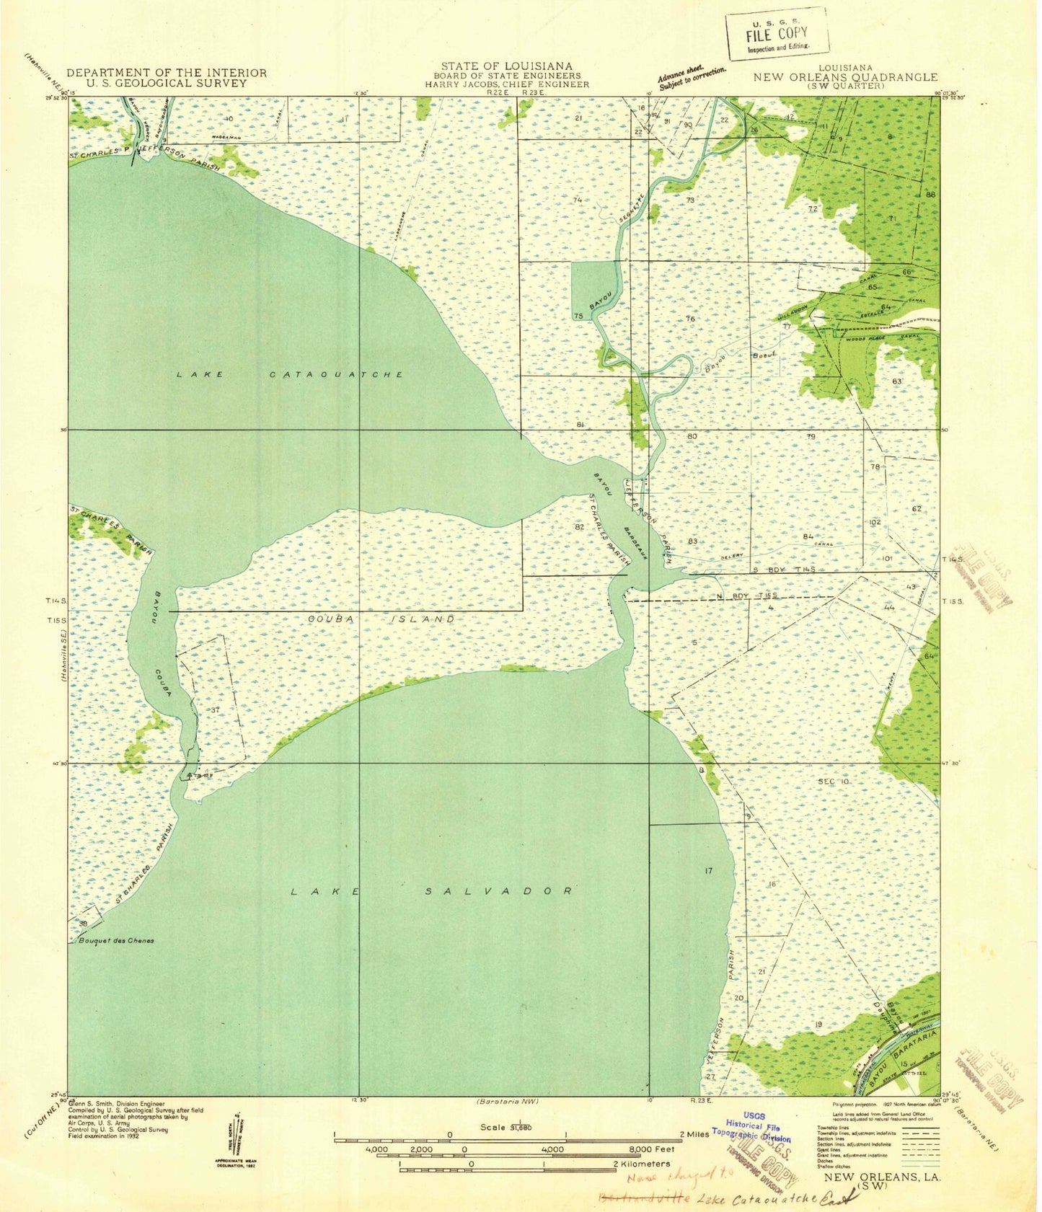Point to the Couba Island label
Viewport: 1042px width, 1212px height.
381,619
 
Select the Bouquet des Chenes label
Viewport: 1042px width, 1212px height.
113,940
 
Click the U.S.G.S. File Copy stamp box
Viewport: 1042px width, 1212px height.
777,33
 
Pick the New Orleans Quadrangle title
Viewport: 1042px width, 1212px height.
845,77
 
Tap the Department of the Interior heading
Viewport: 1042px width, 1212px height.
167,73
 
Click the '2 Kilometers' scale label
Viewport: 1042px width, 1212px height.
642,1164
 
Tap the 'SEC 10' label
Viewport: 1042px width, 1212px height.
834,782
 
